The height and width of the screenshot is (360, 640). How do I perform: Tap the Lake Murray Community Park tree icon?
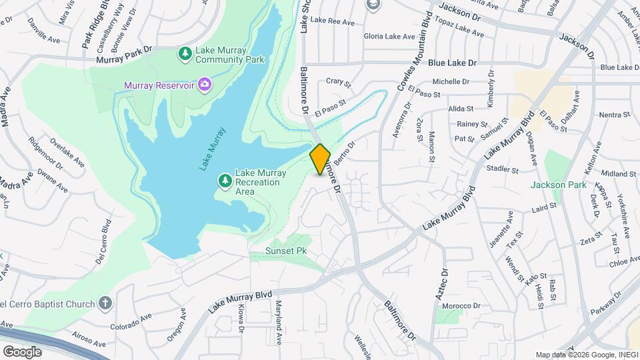pyautogui.click(x=185, y=53)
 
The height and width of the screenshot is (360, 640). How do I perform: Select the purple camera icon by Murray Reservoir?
pyautogui.click(x=205, y=84)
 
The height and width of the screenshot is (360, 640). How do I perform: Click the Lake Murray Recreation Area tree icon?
pyautogui.click(x=225, y=181)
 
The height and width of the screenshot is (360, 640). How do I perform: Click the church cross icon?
pyautogui.click(x=104, y=303)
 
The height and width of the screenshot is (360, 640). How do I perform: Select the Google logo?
pyautogui.click(x=22, y=351)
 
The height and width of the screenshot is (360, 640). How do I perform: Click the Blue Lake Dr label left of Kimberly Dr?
pyautogui.click(x=453, y=63)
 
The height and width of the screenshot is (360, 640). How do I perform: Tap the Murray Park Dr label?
pyautogui.click(x=125, y=59)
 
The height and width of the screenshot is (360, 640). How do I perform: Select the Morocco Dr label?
pyautogui.click(x=463, y=305)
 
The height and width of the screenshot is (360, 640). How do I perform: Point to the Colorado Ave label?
pyautogui.click(x=132, y=325)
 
